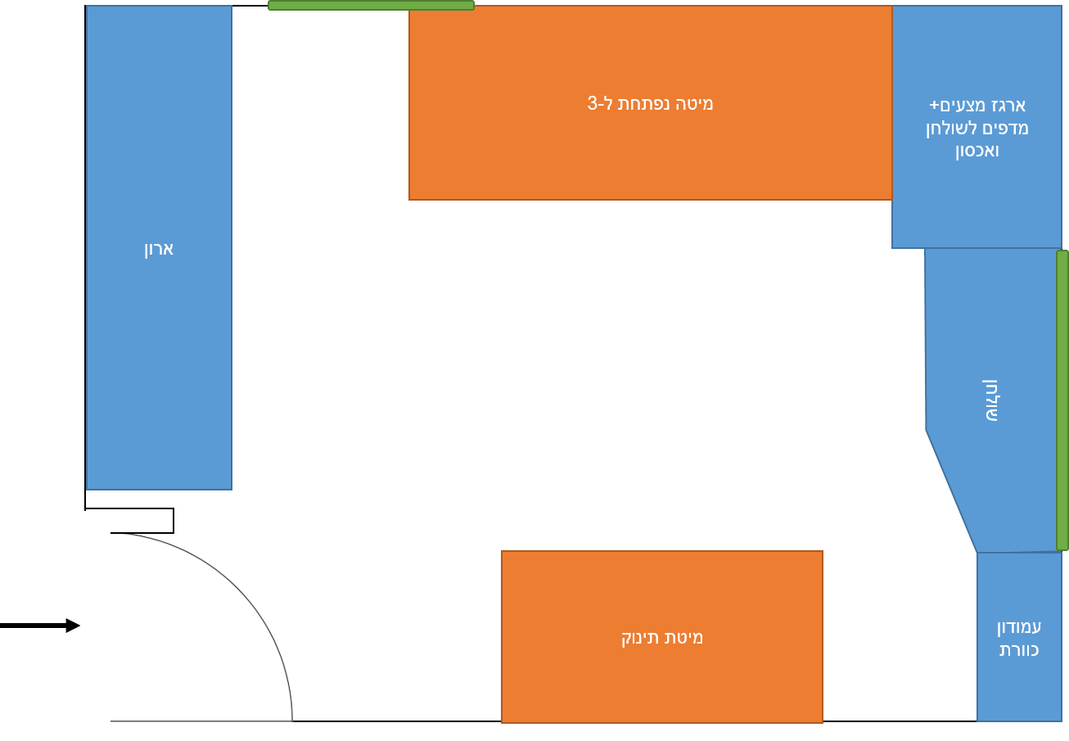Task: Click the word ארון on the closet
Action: (159, 248)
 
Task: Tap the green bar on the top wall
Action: (371, 5)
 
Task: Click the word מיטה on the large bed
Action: (696, 104)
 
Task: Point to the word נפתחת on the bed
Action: (647, 104)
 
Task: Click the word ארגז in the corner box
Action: (1008, 106)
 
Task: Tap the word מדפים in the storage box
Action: (1010, 129)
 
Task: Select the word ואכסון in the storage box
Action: (977, 151)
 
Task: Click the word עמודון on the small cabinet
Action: (1019, 627)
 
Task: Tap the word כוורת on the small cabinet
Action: (1019, 650)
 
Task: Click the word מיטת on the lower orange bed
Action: (686, 638)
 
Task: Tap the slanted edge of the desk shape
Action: (951, 491)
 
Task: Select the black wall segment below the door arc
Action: (205, 730)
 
